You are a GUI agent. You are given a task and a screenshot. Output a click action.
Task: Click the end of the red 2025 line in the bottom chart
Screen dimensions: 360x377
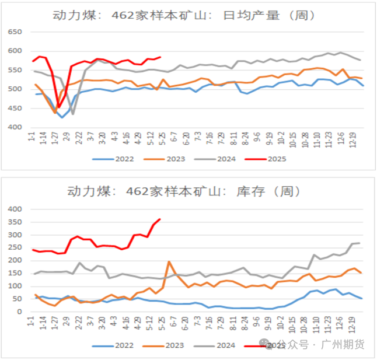[x=160, y=219]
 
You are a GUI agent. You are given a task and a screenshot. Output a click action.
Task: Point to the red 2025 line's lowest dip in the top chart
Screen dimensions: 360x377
[x=58, y=107]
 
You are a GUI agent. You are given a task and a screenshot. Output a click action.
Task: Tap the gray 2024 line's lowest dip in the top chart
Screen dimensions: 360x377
[x=73, y=114]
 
